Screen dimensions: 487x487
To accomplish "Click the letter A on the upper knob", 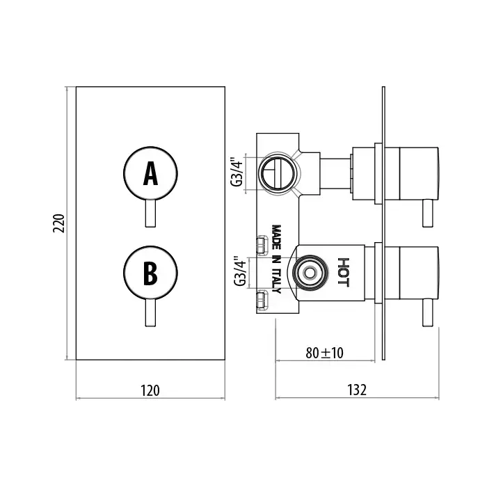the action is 151,174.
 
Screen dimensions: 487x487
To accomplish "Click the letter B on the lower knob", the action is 151,273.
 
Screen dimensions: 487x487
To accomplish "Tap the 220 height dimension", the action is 58,223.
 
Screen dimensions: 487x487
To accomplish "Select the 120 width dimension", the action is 150,390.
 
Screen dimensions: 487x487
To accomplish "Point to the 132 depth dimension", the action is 357,390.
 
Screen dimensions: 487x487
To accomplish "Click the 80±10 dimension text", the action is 325,353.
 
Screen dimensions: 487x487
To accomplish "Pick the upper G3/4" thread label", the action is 237,173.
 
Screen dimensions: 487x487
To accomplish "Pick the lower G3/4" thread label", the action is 240,271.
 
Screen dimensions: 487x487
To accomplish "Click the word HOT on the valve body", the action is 344,272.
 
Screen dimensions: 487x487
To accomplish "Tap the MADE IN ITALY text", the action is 276,259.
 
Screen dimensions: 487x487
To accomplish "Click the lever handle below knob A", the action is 151,214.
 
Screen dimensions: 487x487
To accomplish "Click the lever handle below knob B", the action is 151,313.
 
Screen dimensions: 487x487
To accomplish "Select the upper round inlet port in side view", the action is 278,173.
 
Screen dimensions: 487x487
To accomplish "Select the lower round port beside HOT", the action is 310,273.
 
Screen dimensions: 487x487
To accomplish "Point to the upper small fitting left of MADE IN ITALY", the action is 262,245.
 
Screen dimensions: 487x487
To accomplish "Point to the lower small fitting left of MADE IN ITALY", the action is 262,300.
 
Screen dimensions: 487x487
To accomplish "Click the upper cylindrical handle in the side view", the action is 419,173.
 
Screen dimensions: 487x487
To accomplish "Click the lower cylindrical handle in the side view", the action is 419,273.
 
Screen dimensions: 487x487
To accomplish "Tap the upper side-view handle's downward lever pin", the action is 428,213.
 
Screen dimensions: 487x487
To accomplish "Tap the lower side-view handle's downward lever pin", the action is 428,313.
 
